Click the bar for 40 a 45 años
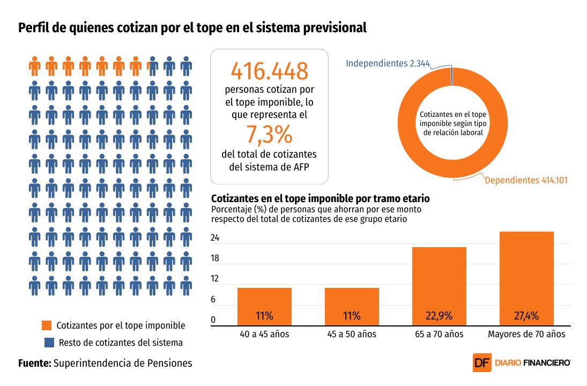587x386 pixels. point(264,306)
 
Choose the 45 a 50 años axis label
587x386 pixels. point(352,334)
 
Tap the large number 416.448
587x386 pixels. point(269,71)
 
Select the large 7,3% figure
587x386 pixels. point(269,134)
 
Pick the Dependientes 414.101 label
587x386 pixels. point(526,181)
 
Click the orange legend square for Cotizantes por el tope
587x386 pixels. point(47,325)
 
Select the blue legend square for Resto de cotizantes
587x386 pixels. point(47,342)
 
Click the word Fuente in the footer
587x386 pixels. point(34,363)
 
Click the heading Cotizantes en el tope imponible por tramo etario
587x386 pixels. point(321,199)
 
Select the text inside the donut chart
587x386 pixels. point(453,123)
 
